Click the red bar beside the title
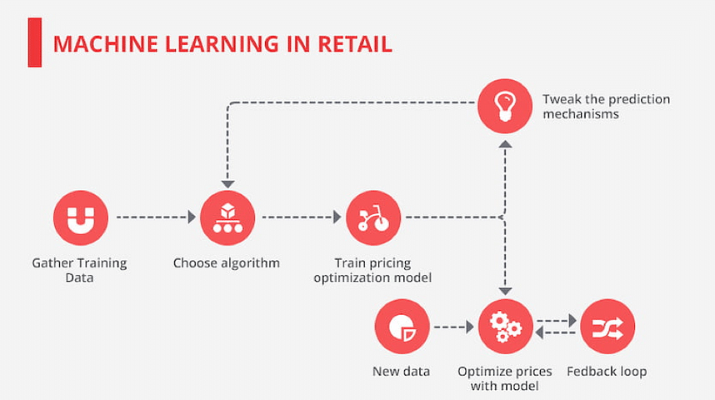pos(35,42)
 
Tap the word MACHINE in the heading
pos(105,44)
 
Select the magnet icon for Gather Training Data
pos(81,218)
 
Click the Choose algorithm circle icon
pos(227,218)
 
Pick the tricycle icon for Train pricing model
pos(373,218)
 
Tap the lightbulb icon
pos(505,106)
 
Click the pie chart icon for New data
pos(402,327)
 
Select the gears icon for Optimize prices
pos(505,327)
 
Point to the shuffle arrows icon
pos(607,327)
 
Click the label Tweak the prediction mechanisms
pos(606,107)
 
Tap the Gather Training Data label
pos(79,270)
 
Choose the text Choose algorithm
pos(226,263)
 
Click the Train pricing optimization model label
pos(372,270)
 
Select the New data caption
pos(402,372)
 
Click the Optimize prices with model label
pos(505,378)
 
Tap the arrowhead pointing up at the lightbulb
pos(505,144)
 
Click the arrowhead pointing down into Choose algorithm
pos(227,184)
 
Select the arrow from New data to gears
pos(453,327)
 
